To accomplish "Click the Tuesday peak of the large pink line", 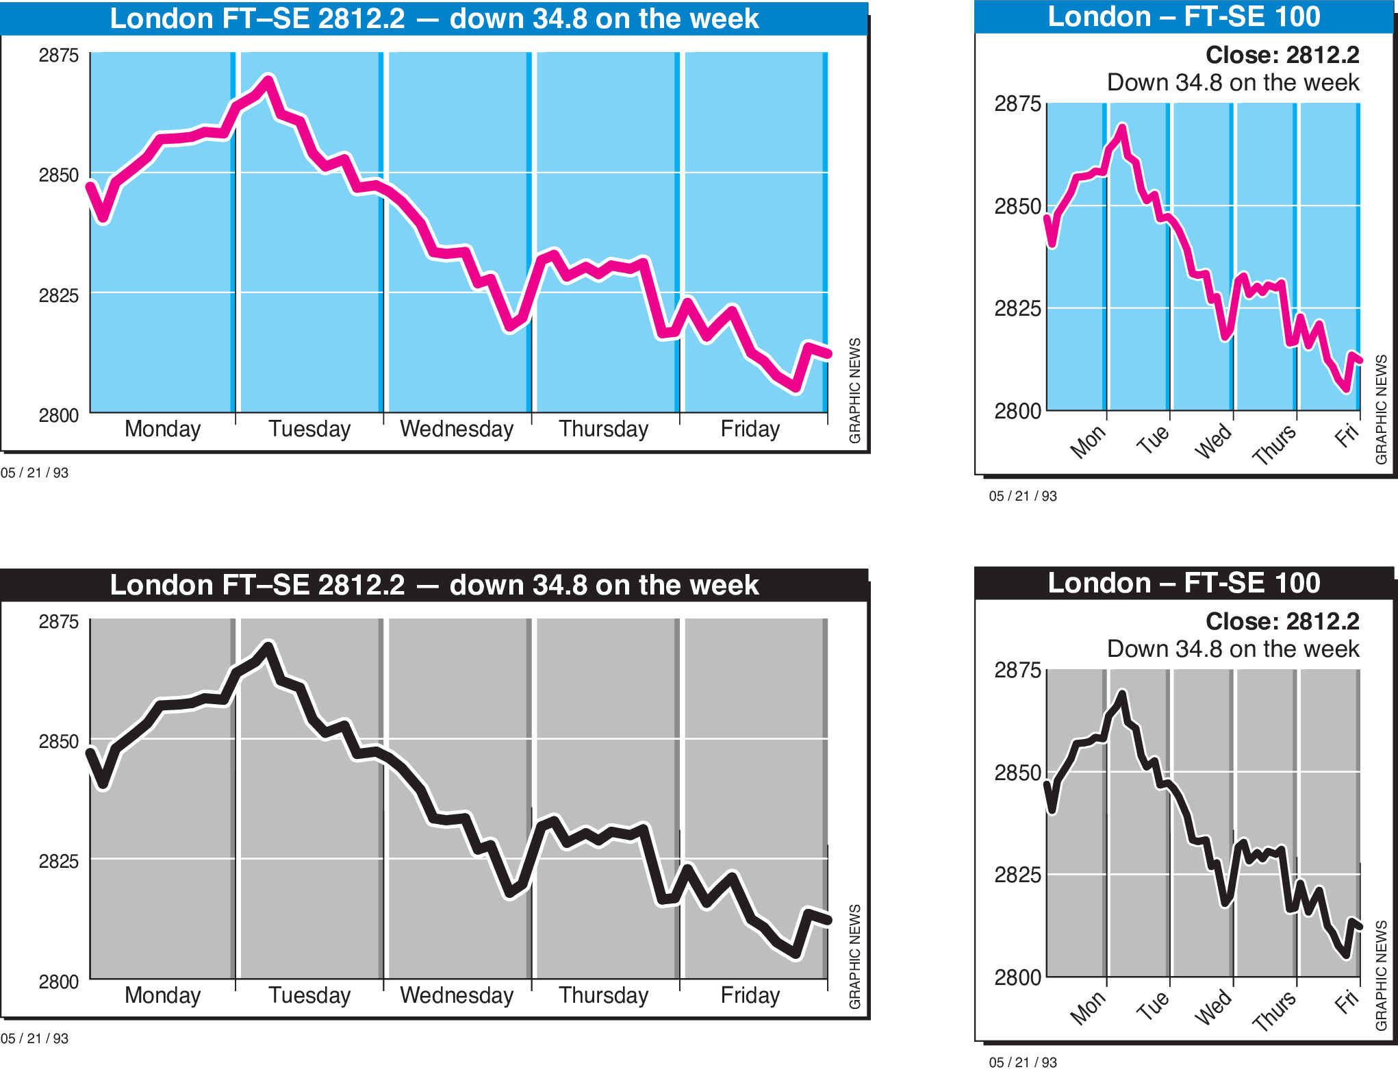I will [268, 80].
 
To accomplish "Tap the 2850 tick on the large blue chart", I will [59, 175].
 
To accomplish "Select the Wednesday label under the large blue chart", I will [457, 429].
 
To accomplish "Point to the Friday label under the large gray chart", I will [750, 995].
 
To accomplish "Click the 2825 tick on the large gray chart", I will [59, 862].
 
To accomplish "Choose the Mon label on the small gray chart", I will [1087, 1008].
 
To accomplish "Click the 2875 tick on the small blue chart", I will [1017, 104].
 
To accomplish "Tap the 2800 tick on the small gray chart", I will [1017, 977].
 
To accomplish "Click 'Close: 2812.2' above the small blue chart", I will [1282, 55].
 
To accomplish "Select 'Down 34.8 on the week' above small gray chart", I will [1232, 649].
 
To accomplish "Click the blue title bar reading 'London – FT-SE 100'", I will [1184, 17].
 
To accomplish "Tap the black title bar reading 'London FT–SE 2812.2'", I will [434, 585].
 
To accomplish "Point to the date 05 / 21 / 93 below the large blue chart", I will [34, 473].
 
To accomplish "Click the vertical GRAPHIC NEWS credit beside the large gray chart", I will [854, 956].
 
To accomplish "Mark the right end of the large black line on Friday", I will [828, 920].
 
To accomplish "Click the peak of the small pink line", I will [1121, 127].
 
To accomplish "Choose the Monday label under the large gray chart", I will [162, 995].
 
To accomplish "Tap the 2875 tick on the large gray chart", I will [59, 622].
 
